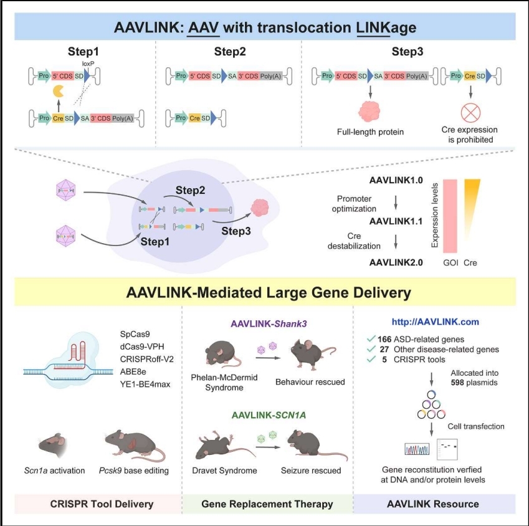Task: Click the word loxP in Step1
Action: click(87, 64)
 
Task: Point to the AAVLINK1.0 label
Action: click(396, 180)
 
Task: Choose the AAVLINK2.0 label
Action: click(396, 262)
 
